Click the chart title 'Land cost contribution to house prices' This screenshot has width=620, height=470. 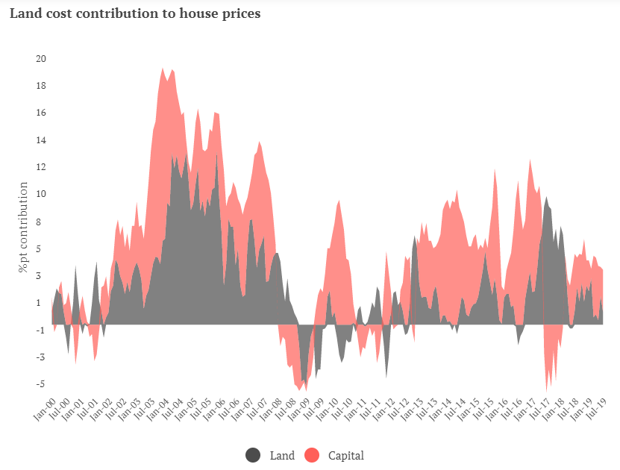coord(135,13)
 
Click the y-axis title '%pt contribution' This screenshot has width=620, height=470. coord(23,227)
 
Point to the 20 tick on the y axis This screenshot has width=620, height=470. coord(40,59)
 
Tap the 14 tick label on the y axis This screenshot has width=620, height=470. coord(40,140)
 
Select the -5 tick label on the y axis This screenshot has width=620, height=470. coord(41,384)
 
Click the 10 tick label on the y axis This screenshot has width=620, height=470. coord(40,195)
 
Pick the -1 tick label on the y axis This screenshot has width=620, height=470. coord(41,330)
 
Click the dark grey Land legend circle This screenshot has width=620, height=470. coord(254,455)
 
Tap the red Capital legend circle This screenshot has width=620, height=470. coord(312,455)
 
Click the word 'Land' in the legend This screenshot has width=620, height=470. coord(282,455)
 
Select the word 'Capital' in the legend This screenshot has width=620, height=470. coord(345,455)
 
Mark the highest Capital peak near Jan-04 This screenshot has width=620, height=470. coord(163,69)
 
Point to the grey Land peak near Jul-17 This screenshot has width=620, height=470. coord(546,198)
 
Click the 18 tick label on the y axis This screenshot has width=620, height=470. coord(40,86)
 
